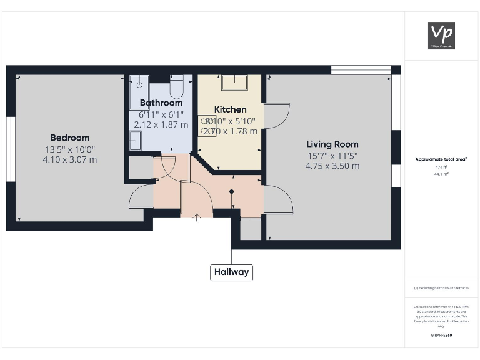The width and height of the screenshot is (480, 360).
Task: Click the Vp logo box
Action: [x=441, y=36]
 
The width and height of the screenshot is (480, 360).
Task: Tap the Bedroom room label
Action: [x=70, y=137]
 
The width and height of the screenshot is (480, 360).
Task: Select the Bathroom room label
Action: [x=161, y=102]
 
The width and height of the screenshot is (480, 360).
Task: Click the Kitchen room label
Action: [x=231, y=109]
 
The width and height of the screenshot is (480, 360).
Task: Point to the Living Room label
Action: [x=332, y=144]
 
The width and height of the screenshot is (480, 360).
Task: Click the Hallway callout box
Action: [x=232, y=272]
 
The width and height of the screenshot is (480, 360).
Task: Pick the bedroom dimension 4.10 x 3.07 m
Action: [x=70, y=159]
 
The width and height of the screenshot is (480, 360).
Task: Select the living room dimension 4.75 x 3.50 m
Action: [x=332, y=166]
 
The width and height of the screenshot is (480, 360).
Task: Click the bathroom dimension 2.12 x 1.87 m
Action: [x=161, y=124]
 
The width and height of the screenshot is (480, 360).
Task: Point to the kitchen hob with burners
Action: [x=207, y=125]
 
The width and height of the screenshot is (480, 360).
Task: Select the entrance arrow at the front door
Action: [x=197, y=217]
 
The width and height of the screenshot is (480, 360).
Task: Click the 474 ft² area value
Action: [x=442, y=167]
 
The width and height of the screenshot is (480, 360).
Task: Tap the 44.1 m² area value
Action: [x=442, y=174]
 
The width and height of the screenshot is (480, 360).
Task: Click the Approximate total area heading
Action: [x=441, y=159]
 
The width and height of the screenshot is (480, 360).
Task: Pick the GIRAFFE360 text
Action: [x=441, y=336]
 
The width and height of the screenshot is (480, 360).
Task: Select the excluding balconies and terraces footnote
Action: [x=441, y=288]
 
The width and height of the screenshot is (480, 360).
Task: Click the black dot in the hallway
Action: [x=232, y=192]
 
